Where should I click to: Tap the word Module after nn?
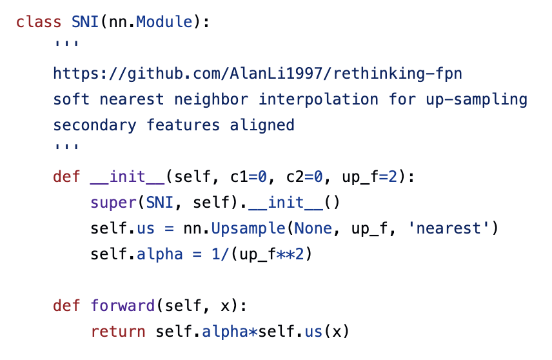click(x=165, y=22)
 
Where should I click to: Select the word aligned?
click(x=262, y=125)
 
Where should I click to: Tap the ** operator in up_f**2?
click(x=286, y=254)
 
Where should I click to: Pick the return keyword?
click(x=119, y=332)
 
